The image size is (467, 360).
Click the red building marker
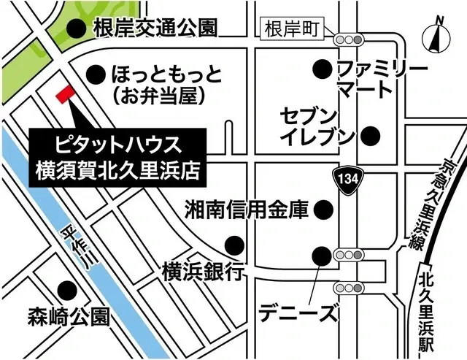[x=64, y=94]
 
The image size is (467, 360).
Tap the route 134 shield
[x=347, y=177]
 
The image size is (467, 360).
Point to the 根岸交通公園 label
[x=155, y=28]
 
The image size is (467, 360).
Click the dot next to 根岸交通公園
[x=74, y=28]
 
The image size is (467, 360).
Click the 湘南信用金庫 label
[x=247, y=211]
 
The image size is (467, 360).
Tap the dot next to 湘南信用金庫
[x=322, y=211]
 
